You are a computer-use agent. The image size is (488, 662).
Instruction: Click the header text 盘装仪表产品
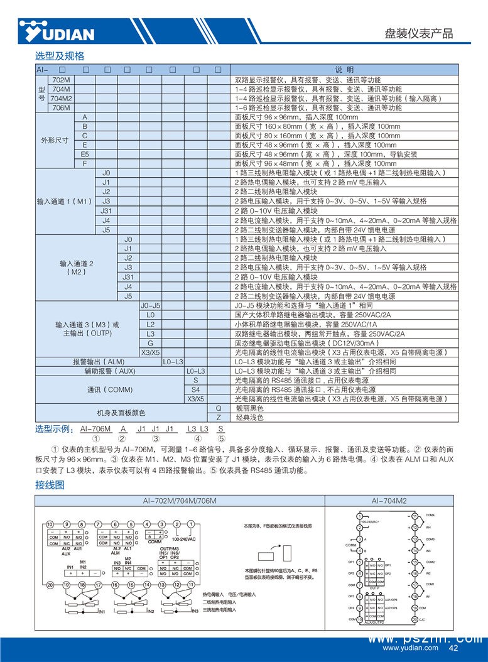pyautogui.click(x=418, y=34)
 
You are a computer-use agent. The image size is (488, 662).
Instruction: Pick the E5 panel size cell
pyautogui.click(x=85, y=154)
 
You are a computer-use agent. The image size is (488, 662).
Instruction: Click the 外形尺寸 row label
pyautogui.click(x=55, y=140)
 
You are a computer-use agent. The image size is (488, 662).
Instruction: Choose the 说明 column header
pyautogui.click(x=345, y=70)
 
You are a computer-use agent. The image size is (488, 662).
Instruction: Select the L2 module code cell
pyautogui.click(x=150, y=325)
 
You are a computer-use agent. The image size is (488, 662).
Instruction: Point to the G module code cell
pyautogui.click(x=150, y=343)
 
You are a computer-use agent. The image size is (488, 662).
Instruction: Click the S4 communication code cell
pyautogui.click(x=196, y=389)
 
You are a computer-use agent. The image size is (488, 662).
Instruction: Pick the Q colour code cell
pyautogui.click(x=219, y=408)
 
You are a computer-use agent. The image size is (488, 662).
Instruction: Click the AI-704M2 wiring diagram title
pyautogui.click(x=389, y=501)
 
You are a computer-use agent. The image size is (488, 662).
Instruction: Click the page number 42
pyautogui.click(x=453, y=648)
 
